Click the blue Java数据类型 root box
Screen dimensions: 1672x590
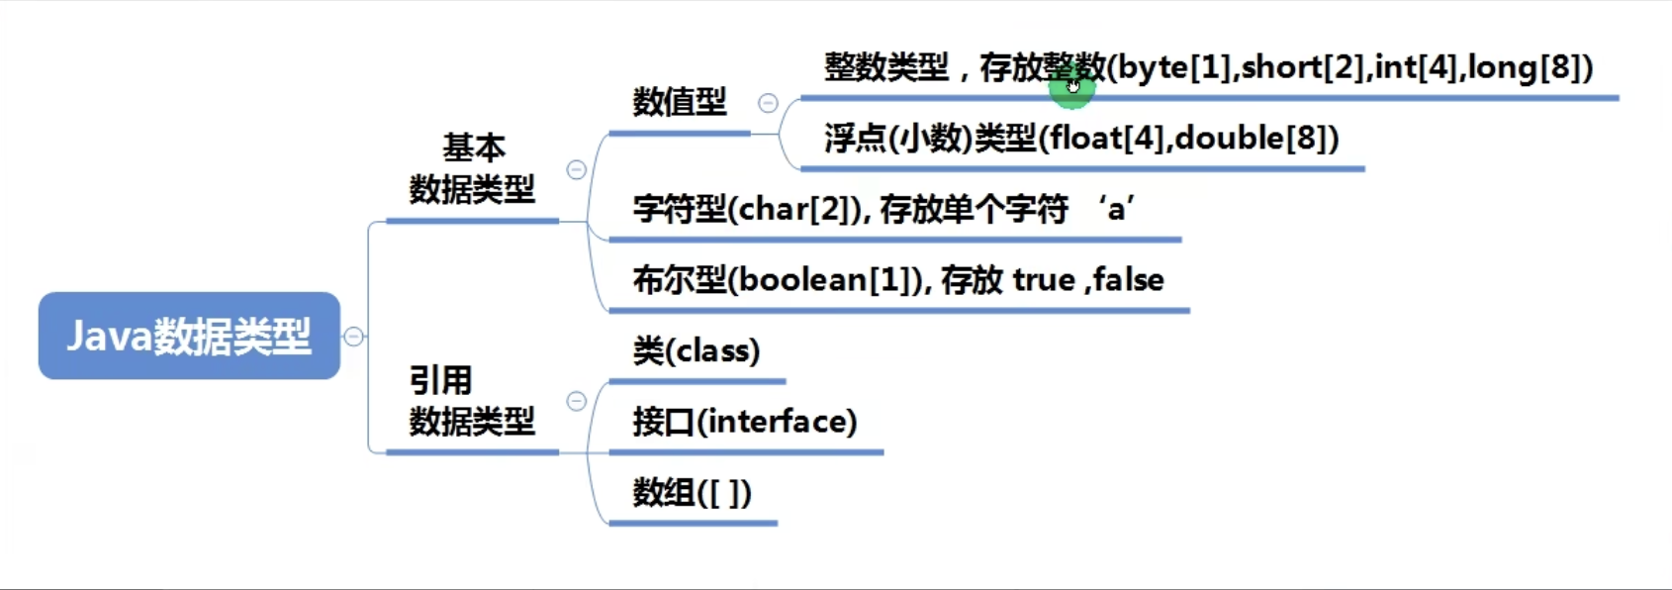coord(190,336)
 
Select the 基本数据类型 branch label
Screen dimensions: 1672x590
coord(473,168)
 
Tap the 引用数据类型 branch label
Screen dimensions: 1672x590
coord(473,401)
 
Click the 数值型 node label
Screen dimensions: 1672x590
coord(680,102)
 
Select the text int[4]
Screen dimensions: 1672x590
coord(1416,68)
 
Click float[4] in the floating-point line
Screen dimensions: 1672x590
coord(1106,139)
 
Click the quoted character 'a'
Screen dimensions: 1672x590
coord(1116,209)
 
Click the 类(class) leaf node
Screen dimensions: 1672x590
coord(697,351)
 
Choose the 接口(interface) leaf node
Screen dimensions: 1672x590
coord(745,422)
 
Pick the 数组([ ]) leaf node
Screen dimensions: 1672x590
coord(692,493)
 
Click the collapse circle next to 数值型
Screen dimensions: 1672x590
coord(768,103)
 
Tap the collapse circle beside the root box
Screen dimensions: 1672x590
coord(354,337)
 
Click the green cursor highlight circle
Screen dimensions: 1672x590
coord(1071,87)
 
